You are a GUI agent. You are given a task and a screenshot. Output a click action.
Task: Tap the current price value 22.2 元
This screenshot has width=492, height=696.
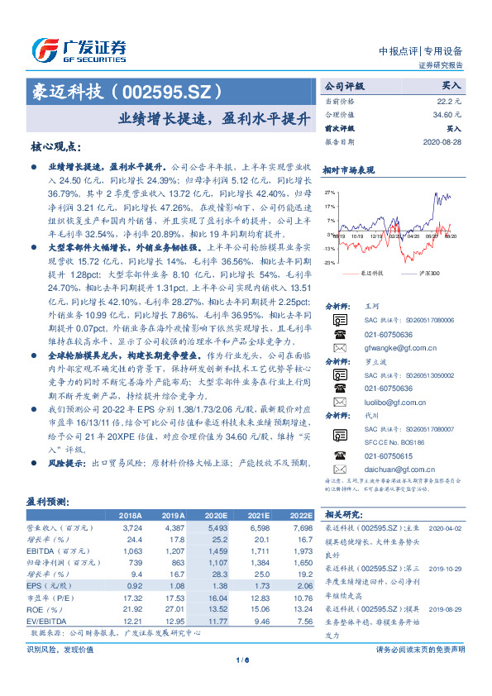click(x=450, y=100)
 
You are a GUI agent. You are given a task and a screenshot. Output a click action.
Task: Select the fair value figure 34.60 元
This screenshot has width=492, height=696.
click(x=447, y=114)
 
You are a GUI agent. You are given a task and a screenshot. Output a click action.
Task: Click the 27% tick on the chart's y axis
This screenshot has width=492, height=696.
click(x=330, y=193)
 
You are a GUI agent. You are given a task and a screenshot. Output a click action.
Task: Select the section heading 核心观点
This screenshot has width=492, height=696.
click(x=55, y=146)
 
